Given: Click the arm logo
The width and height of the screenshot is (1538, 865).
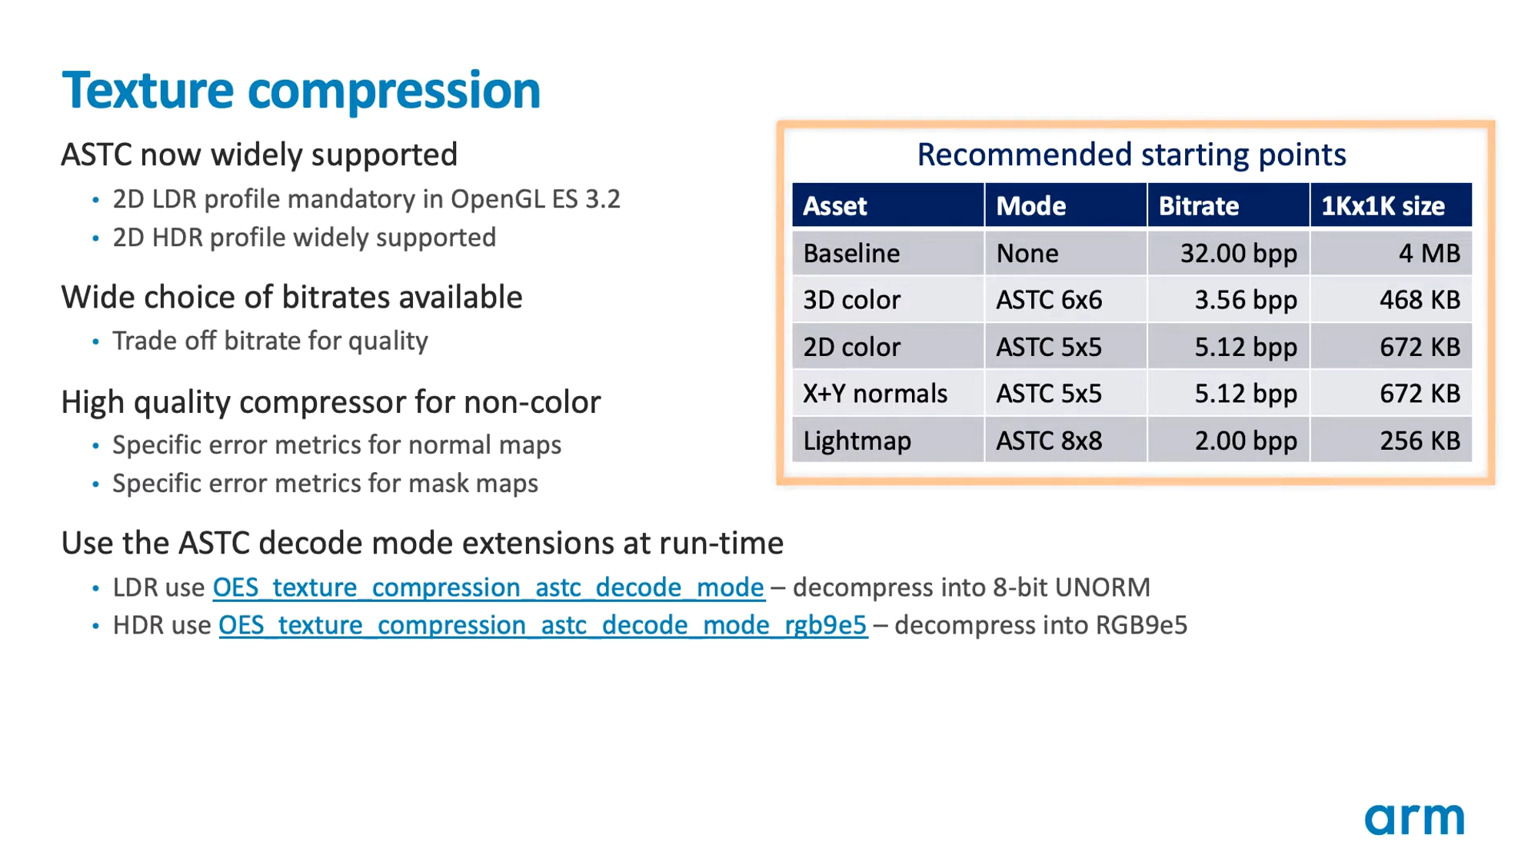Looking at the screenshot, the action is pyautogui.click(x=1414, y=819).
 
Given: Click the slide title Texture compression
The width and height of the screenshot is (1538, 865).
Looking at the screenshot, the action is pyautogui.click(x=301, y=91).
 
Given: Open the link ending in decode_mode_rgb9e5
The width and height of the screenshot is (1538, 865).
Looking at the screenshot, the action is pyautogui.click(x=543, y=626).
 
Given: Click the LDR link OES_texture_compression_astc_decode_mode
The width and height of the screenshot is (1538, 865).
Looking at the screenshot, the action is pyautogui.click(x=488, y=588).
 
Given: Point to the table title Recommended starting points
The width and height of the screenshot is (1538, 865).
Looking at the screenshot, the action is pyautogui.click(x=1131, y=155).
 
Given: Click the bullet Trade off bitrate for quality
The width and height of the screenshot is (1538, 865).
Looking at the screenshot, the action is pyautogui.click(x=270, y=341).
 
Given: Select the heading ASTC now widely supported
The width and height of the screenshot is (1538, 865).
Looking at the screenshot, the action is pyautogui.click(x=259, y=155).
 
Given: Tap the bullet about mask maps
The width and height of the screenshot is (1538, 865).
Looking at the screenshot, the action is pyautogui.click(x=325, y=484).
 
